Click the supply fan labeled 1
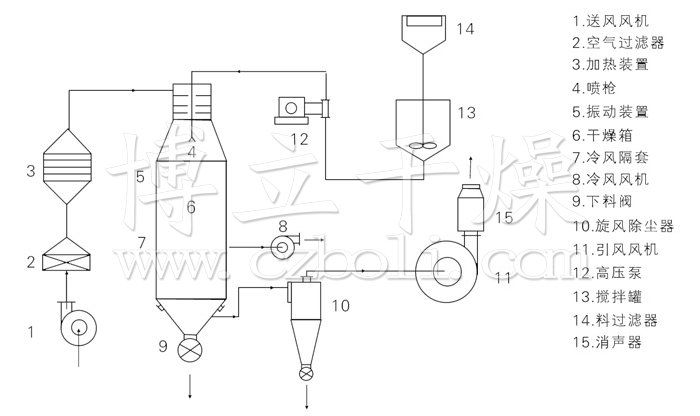click(x=79, y=327)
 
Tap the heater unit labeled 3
click(x=67, y=166)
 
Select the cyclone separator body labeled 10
click(x=305, y=320)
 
